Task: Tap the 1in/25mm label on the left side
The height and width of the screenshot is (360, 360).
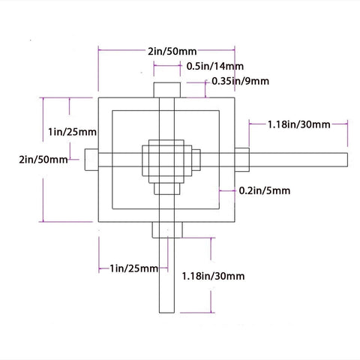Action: (67, 132)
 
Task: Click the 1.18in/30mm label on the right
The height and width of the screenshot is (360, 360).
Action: (298, 124)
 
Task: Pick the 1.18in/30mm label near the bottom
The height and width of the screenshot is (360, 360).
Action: (213, 277)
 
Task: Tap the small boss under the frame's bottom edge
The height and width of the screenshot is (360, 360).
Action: (167, 229)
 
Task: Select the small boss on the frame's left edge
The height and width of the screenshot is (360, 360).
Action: (91, 159)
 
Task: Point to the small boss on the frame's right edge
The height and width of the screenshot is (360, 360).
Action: (241, 159)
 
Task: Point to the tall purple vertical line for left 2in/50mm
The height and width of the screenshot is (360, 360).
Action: (46, 159)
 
